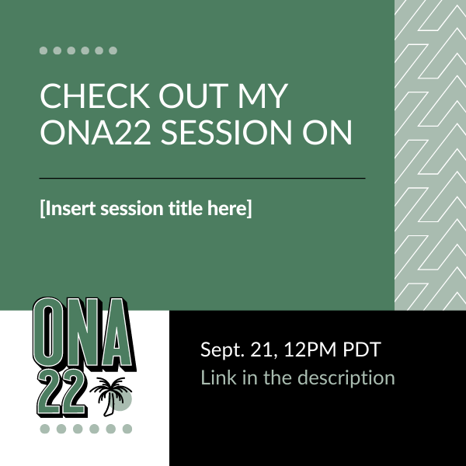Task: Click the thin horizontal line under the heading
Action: click(x=202, y=178)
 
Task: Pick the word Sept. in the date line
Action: click(x=221, y=350)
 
